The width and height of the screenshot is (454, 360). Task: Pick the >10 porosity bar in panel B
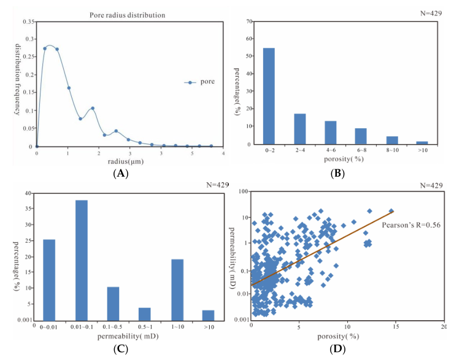422,143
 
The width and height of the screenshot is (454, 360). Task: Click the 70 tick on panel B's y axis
249,21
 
